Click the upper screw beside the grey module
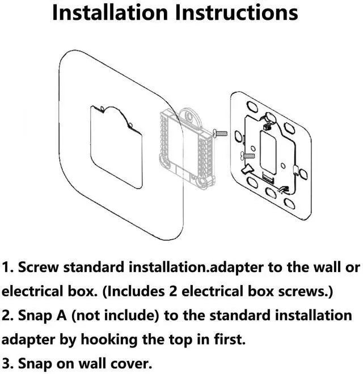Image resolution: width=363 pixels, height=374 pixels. tap(220, 133)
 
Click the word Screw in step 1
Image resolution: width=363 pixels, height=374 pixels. tap(39, 267)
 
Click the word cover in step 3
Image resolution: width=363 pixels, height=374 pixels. tap(133, 364)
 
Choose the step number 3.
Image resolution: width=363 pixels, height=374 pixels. tap(6, 364)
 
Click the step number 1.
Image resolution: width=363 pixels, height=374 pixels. tap(6, 267)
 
